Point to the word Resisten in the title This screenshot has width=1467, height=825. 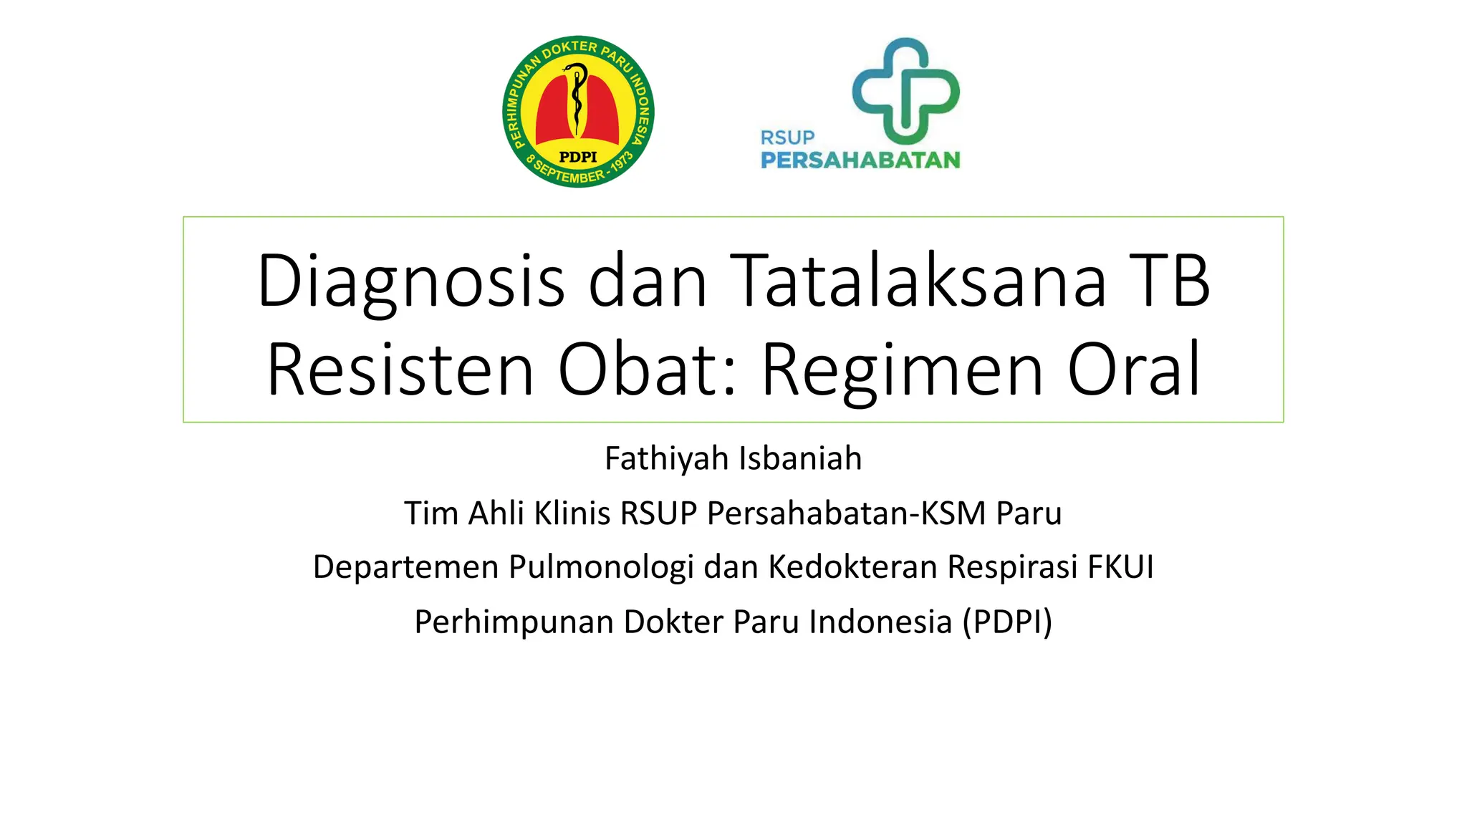click(x=400, y=370)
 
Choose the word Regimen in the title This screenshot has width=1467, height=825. click(x=902, y=370)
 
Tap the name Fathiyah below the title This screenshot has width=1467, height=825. click(x=665, y=458)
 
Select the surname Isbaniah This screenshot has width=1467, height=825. click(x=800, y=458)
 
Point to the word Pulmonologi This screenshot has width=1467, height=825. click(x=601, y=567)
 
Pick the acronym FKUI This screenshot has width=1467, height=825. click(x=1120, y=567)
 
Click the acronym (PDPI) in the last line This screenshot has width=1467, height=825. click(x=1007, y=622)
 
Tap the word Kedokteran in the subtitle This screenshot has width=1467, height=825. click(x=852, y=567)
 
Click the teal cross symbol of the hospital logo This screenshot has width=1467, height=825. click(x=905, y=91)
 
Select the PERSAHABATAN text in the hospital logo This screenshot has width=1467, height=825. click(x=860, y=160)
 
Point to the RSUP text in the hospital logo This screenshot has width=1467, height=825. click(x=787, y=137)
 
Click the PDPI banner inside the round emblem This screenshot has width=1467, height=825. click(x=577, y=157)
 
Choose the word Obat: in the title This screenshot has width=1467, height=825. click(x=647, y=370)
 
